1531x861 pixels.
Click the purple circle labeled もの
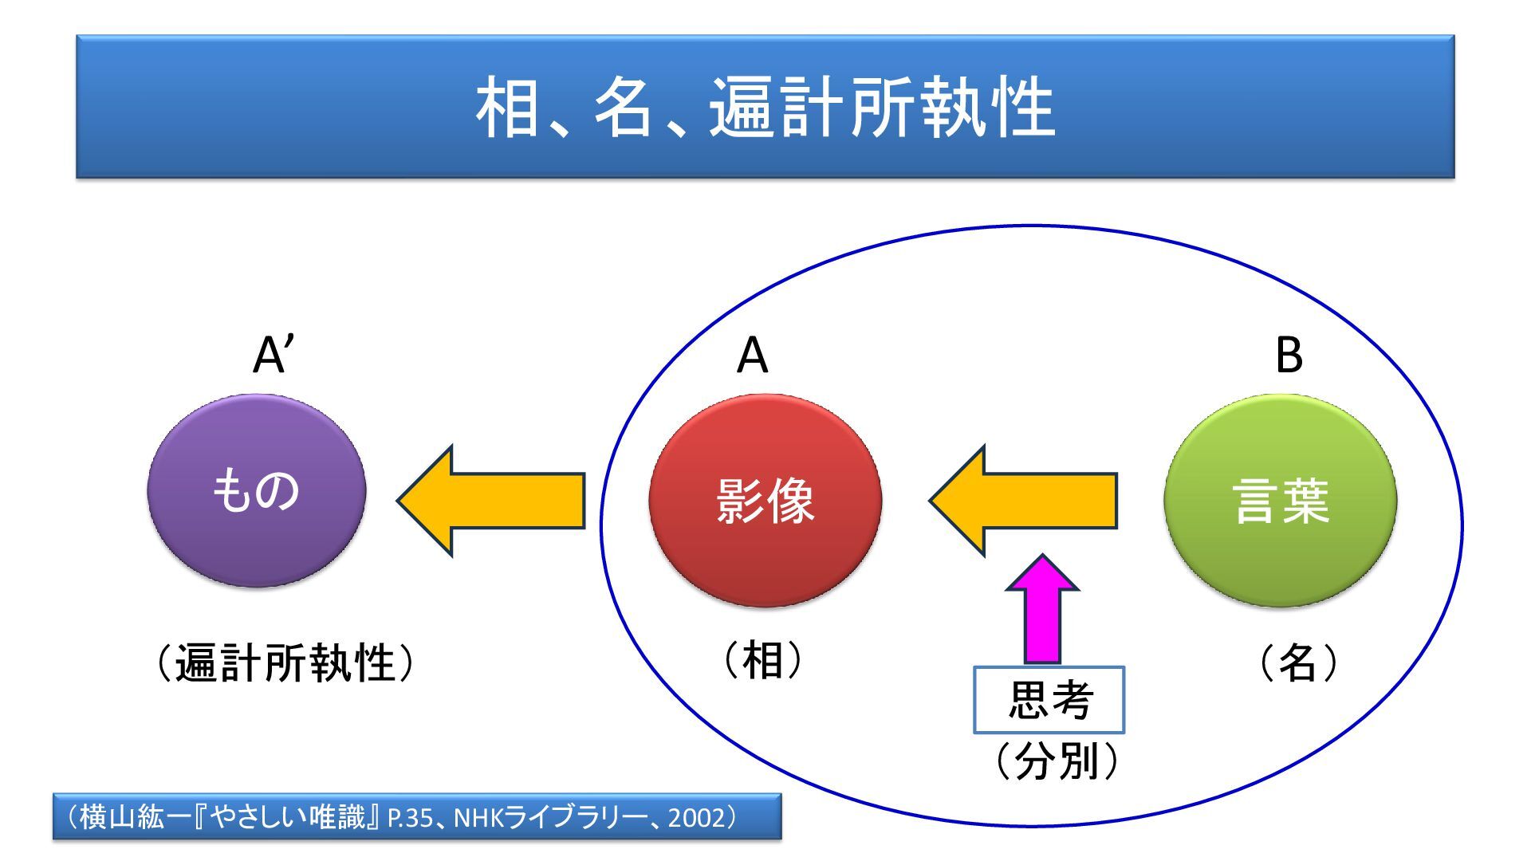tap(257, 490)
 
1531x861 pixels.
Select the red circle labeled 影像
tap(765, 501)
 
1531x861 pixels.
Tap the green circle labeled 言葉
tap(1281, 501)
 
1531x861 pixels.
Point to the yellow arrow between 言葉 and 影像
tap(1025, 501)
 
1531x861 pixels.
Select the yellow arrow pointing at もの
tap(493, 501)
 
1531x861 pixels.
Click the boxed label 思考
tap(1049, 700)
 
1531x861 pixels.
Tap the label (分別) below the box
tap(1057, 761)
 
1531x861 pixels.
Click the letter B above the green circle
tap(1289, 356)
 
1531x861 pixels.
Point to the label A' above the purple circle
tap(273, 356)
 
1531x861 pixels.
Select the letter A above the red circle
tap(752, 356)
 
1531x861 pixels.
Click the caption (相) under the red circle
tap(763, 660)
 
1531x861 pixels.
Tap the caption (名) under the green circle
tap(1297, 662)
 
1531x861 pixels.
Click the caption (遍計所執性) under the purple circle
tap(285, 663)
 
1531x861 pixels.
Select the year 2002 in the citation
tap(697, 818)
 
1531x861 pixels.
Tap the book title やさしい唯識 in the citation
tap(289, 817)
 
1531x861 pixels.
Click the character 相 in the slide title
tap(509, 108)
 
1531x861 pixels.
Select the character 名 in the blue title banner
tap(624, 108)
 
